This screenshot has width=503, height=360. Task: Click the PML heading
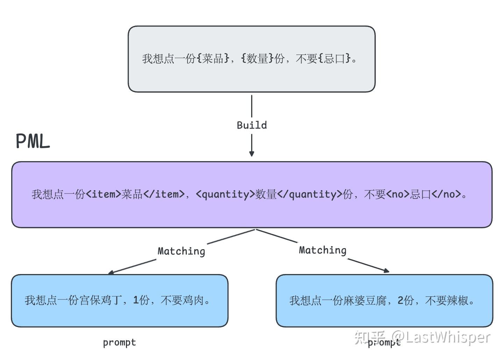pyautogui.click(x=33, y=142)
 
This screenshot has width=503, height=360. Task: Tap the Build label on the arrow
pyautogui.click(x=252, y=125)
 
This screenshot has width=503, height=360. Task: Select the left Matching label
pyautogui.click(x=181, y=251)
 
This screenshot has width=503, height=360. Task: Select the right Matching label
pyautogui.click(x=323, y=250)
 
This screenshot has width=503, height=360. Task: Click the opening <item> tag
pyautogui.click(x=103, y=194)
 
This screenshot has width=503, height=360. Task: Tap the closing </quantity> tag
pyautogui.click(x=310, y=194)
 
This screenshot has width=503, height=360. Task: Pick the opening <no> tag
pyautogui.click(x=398, y=194)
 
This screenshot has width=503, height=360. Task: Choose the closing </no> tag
pyautogui.click(x=446, y=194)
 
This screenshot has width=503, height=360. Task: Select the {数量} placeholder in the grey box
pyautogui.click(x=257, y=58)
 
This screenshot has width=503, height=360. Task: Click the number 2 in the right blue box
pyautogui.click(x=401, y=300)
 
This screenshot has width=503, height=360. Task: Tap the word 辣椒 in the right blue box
pyautogui.click(x=458, y=300)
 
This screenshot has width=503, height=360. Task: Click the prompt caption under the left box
pyautogui.click(x=119, y=343)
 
